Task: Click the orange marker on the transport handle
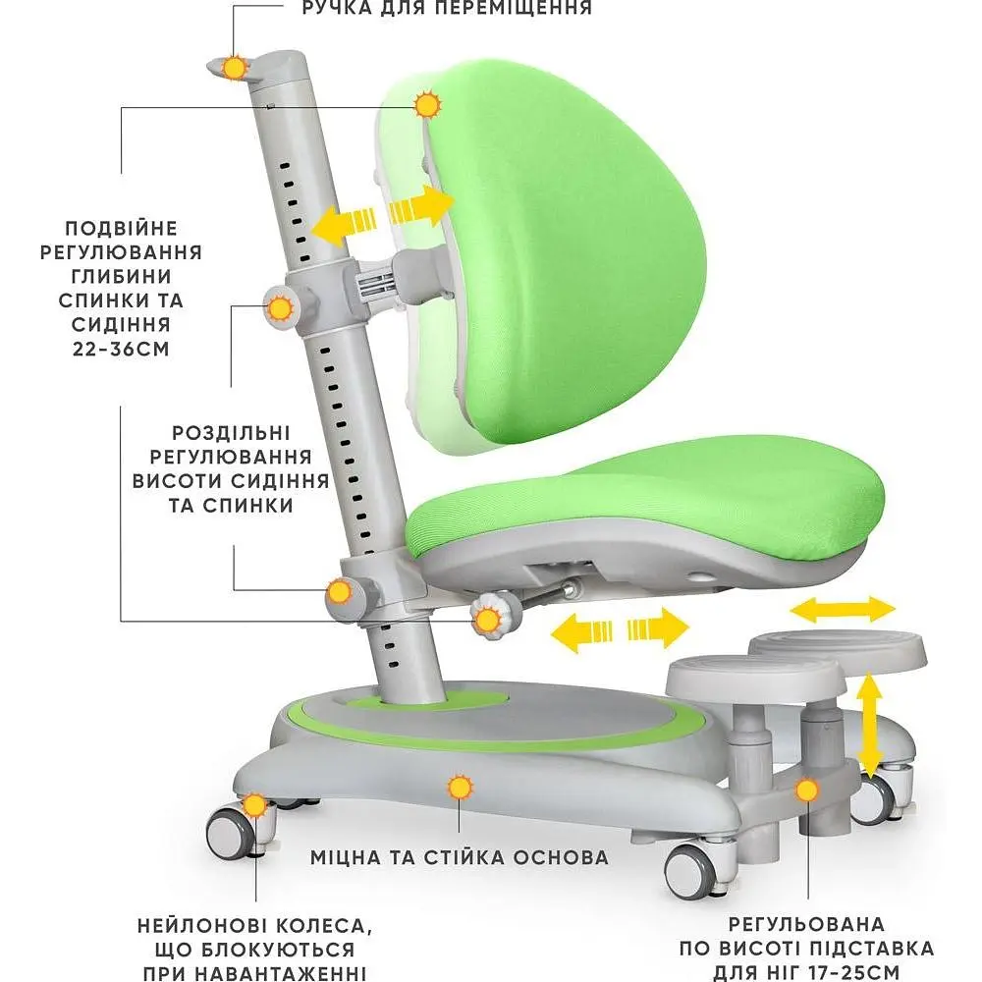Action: pos(236,68)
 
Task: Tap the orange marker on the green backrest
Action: pos(428,105)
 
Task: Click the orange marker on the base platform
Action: pos(461,788)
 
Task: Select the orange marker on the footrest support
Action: pos(807,791)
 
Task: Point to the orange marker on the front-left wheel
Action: pos(255,805)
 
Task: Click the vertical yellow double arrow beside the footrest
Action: pos(869,726)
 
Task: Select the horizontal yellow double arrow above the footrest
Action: pos(843,610)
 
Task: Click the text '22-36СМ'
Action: pos(121,349)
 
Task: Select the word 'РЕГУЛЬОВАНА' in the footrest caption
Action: pos(806,924)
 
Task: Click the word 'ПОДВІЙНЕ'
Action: pos(122,229)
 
